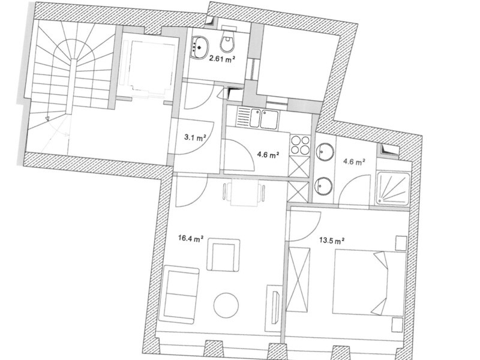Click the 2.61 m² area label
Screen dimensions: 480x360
222,59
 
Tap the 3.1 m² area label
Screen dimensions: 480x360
194,137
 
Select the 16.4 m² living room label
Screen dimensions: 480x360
191,238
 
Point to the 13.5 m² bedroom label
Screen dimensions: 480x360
332,241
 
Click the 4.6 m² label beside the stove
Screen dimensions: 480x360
268,155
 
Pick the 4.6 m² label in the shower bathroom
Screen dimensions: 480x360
354,161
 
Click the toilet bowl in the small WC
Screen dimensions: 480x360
227,40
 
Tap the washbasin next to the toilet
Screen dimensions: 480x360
200,47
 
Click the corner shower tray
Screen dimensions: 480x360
394,188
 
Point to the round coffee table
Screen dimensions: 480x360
226,305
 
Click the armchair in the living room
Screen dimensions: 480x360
223,255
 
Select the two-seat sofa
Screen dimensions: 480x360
179,295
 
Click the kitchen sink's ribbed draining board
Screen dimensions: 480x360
244,118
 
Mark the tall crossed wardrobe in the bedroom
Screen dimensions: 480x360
298,280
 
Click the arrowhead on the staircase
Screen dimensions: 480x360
47,118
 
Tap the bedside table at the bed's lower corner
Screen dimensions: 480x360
398,325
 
